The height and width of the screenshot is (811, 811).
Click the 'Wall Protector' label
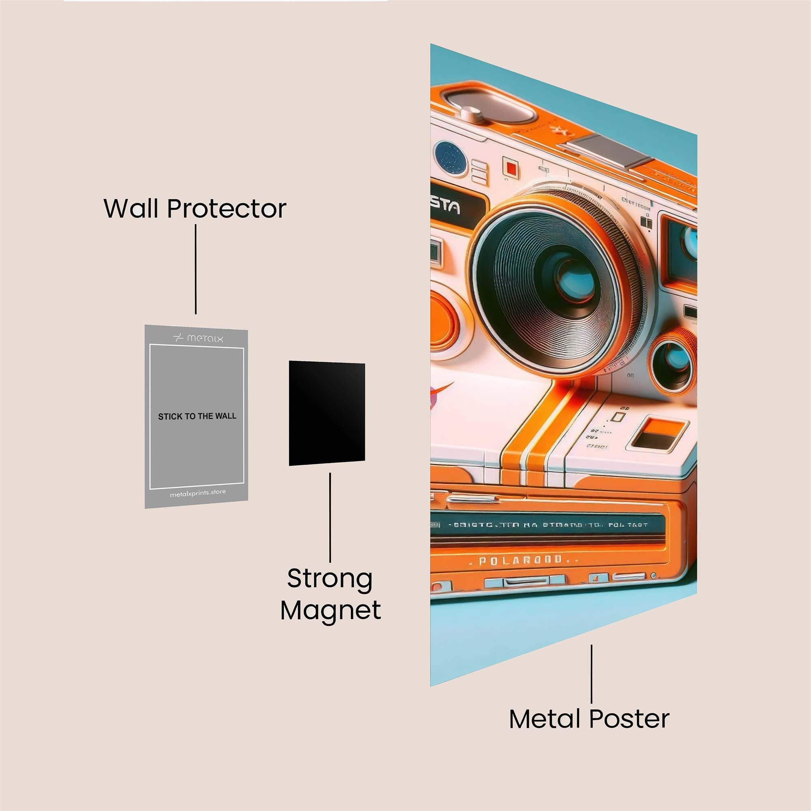click(195, 208)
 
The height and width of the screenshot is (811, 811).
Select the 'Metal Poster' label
click(589, 719)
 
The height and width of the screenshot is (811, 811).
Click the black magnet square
click(326, 414)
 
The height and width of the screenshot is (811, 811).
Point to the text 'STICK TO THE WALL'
click(197, 416)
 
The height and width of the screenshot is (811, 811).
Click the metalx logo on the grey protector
click(198, 338)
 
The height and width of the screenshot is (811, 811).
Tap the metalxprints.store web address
click(198, 493)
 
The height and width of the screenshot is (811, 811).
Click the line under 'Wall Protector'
click(195, 269)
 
